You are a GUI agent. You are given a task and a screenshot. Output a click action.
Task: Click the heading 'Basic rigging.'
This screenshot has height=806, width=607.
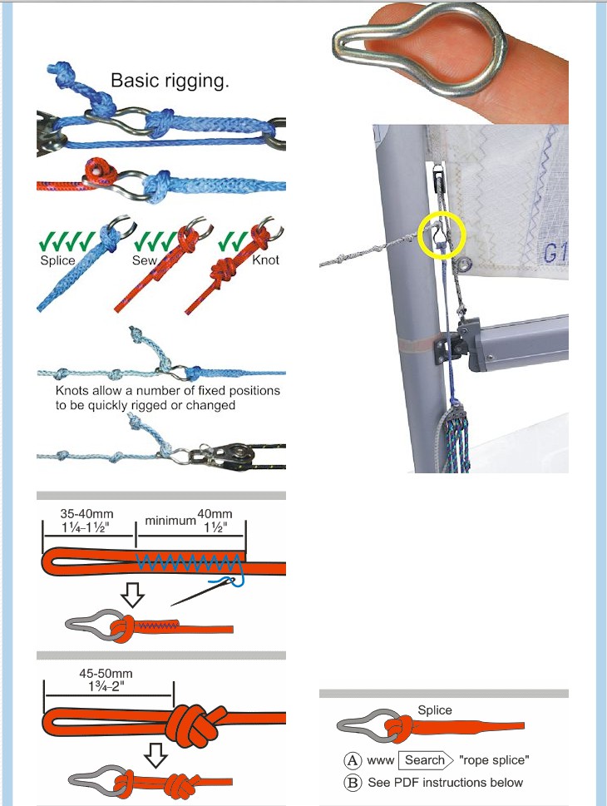pos(170,81)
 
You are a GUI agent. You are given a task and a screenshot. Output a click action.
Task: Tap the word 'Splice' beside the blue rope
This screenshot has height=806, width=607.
pos(57,260)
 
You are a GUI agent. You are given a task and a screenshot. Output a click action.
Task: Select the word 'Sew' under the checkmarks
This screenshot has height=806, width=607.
pos(145,260)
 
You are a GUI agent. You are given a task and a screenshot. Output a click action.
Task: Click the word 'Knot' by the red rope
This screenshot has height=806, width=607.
pos(266,260)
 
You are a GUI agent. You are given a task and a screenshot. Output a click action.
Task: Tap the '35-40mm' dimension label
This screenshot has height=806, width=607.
pos(86,513)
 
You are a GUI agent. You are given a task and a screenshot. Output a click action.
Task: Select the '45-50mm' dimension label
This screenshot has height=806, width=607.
pos(106,673)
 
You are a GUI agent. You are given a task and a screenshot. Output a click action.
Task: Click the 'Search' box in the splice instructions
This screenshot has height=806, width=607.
pos(425,759)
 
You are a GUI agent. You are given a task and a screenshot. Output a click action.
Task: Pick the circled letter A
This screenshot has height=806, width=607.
pos(352,760)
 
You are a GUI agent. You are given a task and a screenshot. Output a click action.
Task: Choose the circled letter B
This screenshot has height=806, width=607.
pos(352,783)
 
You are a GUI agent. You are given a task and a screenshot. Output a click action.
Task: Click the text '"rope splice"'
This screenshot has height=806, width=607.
pos(494,760)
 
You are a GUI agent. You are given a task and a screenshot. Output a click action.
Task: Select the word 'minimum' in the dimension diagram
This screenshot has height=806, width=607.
pos(170,521)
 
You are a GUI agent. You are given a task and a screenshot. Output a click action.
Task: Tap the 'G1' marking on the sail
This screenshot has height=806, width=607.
pos(555,253)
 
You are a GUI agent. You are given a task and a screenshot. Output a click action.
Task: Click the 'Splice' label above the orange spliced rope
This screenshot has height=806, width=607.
pos(435,710)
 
